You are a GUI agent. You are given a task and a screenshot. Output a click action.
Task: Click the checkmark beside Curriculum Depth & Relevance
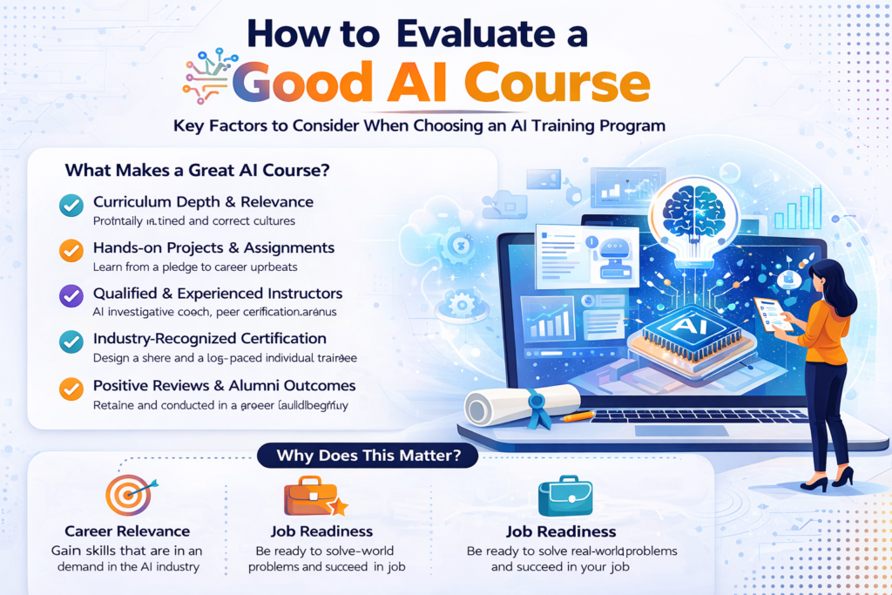[x=70, y=206]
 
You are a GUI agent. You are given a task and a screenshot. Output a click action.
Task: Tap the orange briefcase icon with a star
[x=313, y=496]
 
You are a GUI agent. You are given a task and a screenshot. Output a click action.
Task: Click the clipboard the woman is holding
[x=769, y=314]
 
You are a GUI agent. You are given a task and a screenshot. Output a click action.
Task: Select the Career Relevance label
[x=127, y=531]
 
